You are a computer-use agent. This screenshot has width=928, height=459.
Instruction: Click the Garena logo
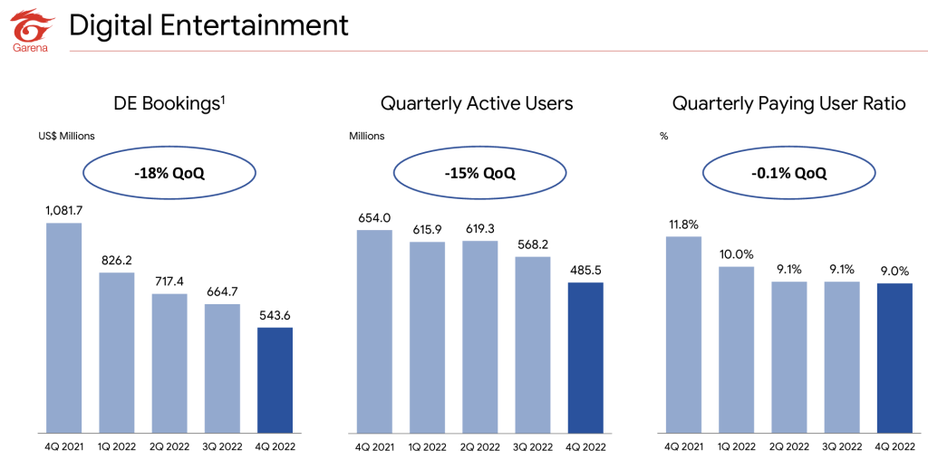(x=30, y=30)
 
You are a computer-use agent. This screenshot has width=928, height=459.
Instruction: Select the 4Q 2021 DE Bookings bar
(x=64, y=328)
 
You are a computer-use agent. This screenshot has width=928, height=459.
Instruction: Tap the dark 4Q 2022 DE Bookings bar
(x=275, y=379)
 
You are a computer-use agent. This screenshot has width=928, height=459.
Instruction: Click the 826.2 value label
(x=117, y=260)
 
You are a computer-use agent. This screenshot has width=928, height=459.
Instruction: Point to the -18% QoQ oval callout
(x=169, y=174)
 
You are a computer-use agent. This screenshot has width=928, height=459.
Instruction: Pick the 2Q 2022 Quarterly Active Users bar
(x=480, y=337)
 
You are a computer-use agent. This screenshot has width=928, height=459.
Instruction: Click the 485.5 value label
(x=585, y=271)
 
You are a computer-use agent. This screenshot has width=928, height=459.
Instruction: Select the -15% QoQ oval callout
(x=480, y=174)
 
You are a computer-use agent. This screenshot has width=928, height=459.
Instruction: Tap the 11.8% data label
(x=683, y=225)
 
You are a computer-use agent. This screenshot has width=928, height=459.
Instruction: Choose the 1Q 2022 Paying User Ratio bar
(x=737, y=349)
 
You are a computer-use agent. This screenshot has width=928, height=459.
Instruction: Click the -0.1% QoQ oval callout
(x=789, y=174)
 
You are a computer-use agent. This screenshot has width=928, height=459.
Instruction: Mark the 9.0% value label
(x=894, y=271)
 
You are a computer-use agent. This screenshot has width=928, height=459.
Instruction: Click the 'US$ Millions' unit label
(x=67, y=136)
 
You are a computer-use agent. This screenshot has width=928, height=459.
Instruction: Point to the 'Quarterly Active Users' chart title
(x=477, y=104)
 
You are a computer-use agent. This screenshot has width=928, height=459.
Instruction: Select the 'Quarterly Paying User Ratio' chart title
(x=789, y=104)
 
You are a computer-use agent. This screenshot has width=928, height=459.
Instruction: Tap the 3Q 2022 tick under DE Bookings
(x=223, y=445)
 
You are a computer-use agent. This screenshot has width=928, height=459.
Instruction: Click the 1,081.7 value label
(x=64, y=210)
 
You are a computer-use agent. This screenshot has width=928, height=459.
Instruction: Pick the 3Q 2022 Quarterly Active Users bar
(x=533, y=345)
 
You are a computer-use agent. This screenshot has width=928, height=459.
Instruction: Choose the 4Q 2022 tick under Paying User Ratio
(x=894, y=445)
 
